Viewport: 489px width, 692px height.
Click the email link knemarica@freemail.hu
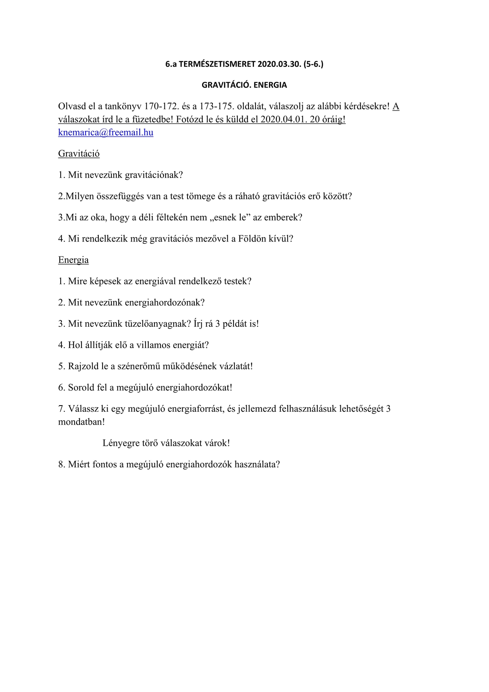click(x=106, y=133)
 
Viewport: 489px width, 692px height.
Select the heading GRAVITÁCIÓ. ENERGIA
click(x=244, y=85)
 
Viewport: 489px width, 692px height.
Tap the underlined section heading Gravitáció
click(x=79, y=154)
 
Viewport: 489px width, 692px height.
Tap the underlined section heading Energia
click(x=73, y=260)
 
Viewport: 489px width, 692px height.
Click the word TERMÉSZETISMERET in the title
click(x=217, y=64)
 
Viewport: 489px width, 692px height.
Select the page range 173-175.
click(x=217, y=106)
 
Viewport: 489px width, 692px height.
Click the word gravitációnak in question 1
click(x=154, y=175)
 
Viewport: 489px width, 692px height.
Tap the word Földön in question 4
click(x=252, y=239)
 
